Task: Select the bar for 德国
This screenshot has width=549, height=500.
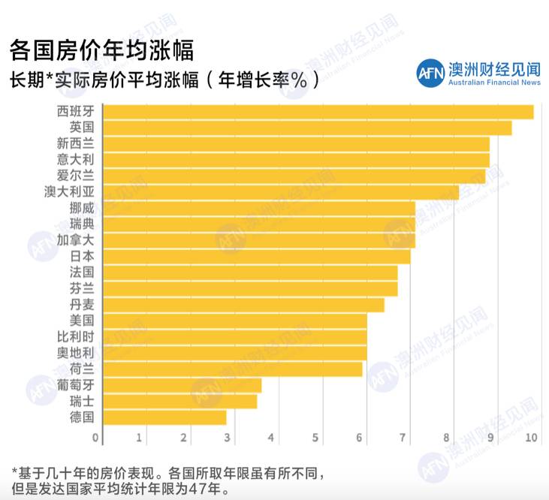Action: coord(164,417)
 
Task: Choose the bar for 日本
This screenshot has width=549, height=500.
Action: coord(256,257)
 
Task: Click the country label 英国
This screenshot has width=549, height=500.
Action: coord(81,128)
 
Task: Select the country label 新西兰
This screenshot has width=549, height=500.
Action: coord(75,143)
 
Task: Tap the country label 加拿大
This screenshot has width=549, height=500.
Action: coord(75,240)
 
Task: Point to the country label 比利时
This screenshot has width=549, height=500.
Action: coord(75,336)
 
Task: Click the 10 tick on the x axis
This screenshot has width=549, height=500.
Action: coord(532,438)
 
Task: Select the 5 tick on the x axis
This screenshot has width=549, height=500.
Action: coord(316,438)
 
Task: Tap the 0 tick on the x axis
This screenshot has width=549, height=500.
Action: coord(96,438)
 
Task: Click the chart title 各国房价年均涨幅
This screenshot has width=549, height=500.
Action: coord(101,50)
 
